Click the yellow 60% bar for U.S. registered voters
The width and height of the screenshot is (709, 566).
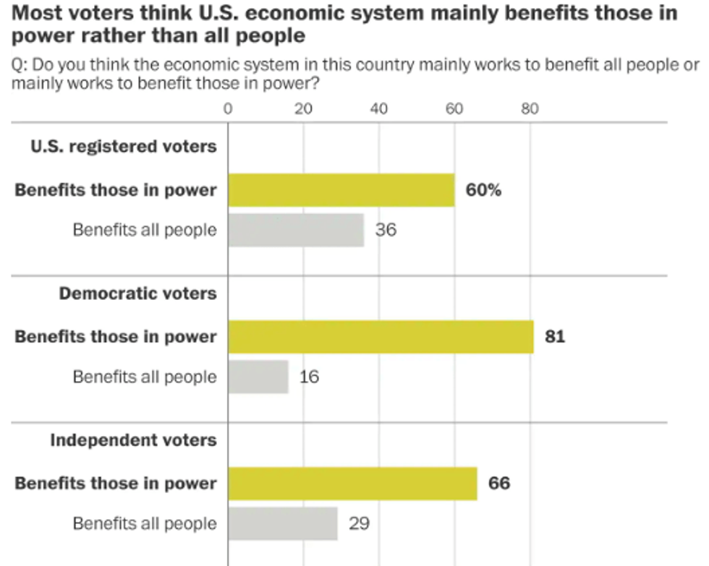point(341,191)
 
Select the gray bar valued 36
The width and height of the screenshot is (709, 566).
point(296,231)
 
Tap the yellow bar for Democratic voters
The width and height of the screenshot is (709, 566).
point(381,337)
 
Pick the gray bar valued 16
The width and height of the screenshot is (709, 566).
point(258,377)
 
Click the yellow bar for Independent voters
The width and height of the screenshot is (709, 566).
point(352,484)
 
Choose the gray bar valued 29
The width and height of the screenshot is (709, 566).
point(283,523)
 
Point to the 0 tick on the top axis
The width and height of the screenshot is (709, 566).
point(228,109)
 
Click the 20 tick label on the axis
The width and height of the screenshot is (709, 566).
point(303,109)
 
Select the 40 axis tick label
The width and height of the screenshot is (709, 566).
point(379,109)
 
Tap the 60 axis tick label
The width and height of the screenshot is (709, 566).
point(454,109)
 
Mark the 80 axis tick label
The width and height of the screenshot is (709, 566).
point(530,109)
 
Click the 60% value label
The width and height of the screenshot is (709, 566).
point(484,191)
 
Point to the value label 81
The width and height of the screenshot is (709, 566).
point(554,337)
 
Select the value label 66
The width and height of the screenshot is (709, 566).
point(498,484)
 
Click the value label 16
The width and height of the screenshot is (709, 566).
point(309,377)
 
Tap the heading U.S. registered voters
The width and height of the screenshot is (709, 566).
point(123,147)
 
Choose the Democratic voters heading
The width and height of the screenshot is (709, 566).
point(137,293)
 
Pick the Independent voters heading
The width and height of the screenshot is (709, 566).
point(133,439)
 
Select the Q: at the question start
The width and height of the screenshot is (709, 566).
point(20,66)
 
